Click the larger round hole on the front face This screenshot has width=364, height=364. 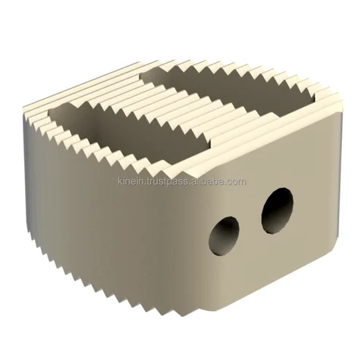[x=278, y=209]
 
